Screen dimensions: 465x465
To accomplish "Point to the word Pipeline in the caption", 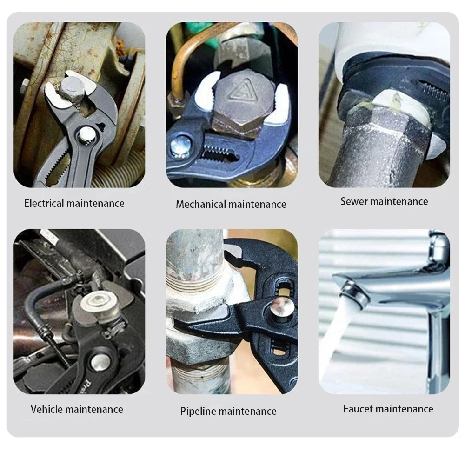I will pos(199,411).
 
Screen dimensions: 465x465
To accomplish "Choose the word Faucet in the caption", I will pos(358,409).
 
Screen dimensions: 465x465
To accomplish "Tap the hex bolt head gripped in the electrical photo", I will pos(70,89).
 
